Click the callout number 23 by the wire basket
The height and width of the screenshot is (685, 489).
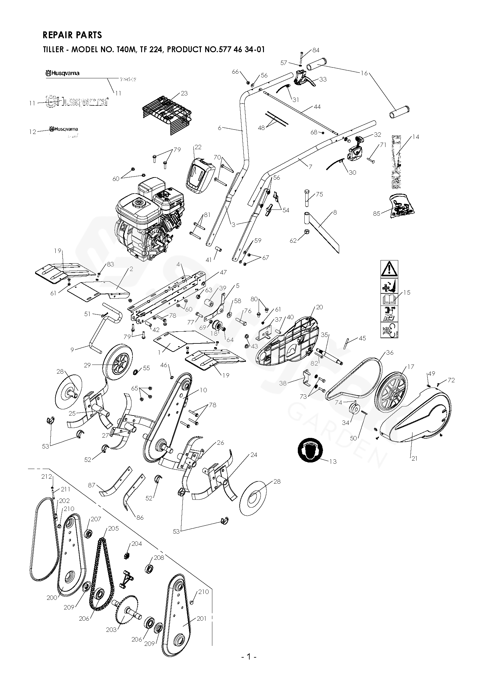point(184,94)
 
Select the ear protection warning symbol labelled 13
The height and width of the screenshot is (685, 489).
point(310,450)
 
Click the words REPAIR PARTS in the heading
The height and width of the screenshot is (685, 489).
point(72,35)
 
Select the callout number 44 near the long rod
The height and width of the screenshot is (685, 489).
point(317,107)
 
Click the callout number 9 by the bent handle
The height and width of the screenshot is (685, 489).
point(72,350)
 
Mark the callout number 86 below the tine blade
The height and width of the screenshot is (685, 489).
point(140,517)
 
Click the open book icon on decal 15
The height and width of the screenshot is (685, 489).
point(389,299)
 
